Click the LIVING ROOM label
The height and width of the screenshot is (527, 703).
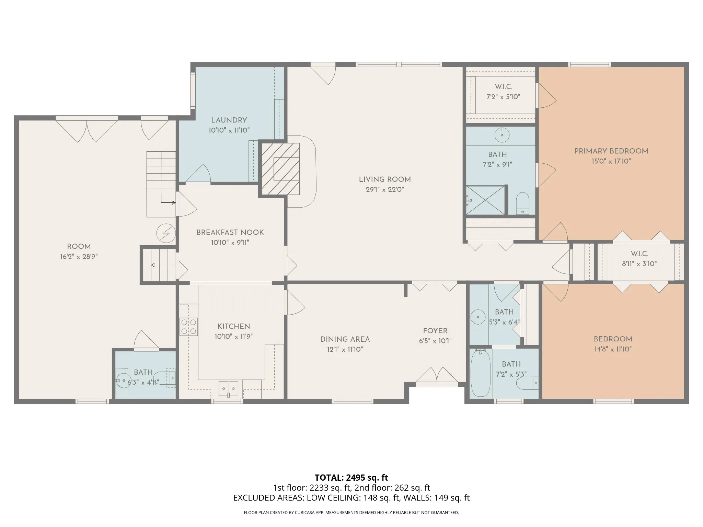pyautogui.click(x=384, y=179)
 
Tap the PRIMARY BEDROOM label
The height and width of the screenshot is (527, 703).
pyautogui.click(x=611, y=151)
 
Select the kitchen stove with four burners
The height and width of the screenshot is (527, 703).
pyautogui.click(x=188, y=327)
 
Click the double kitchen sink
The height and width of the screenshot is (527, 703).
pyautogui.click(x=229, y=389)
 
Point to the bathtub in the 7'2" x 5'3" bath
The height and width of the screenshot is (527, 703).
pyautogui.click(x=481, y=373)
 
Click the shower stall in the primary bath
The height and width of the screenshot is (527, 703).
pyautogui.click(x=485, y=200)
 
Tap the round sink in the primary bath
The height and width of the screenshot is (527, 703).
pyautogui.click(x=502, y=135)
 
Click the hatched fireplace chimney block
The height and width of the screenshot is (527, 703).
pyautogui.click(x=281, y=169)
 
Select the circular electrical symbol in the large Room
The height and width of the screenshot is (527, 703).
pyautogui.click(x=166, y=233)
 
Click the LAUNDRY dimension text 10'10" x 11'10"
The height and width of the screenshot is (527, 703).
pyautogui.click(x=229, y=130)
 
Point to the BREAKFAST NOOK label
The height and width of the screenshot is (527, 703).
pyautogui.click(x=230, y=233)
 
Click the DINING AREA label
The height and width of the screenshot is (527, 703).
pyautogui.click(x=345, y=339)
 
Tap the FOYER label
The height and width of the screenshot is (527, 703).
pyautogui.click(x=435, y=331)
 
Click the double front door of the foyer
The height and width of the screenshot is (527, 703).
pyautogui.click(x=437, y=375)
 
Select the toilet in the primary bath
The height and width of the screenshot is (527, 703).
pyautogui.click(x=523, y=203)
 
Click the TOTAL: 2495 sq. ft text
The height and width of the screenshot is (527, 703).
pyautogui.click(x=351, y=477)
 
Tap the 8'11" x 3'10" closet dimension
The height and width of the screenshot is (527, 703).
pyautogui.click(x=639, y=264)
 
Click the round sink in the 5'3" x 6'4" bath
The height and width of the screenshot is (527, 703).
pyautogui.click(x=477, y=316)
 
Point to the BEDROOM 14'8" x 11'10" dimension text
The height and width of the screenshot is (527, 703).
pyautogui.click(x=613, y=349)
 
